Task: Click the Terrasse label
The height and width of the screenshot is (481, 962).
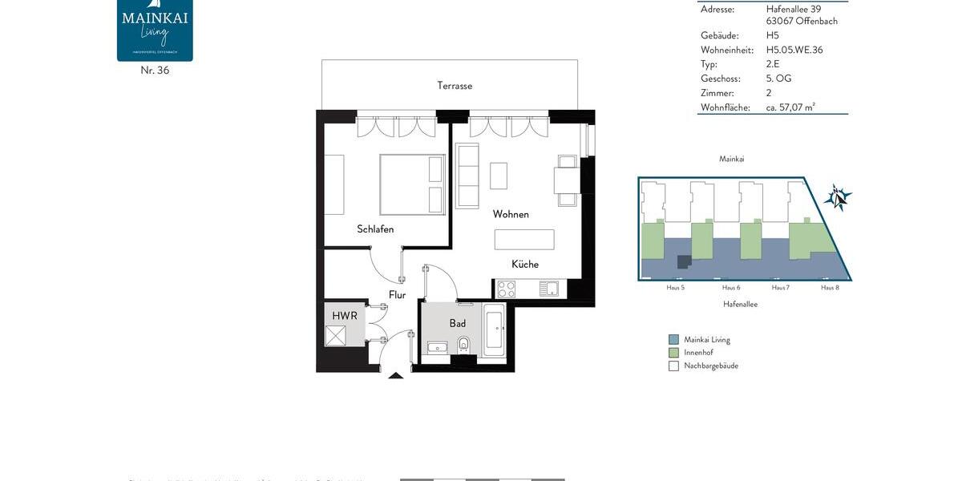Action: coord(455,86)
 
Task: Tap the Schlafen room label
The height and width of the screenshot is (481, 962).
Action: coord(375,229)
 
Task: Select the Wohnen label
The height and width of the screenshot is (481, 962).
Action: coord(511,214)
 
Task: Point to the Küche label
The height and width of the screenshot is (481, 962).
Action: coord(525,265)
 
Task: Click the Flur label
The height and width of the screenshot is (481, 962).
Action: coord(397,295)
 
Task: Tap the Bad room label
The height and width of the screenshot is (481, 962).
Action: coord(457,324)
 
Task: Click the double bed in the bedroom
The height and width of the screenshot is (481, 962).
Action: coord(411,184)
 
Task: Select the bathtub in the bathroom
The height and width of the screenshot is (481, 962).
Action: coord(494,330)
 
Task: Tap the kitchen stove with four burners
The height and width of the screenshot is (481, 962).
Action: coord(507,289)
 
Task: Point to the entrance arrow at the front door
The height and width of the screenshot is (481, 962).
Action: coord(395,374)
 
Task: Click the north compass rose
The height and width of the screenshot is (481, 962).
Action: coord(838,196)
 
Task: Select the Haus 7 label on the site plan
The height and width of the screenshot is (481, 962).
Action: coord(781,287)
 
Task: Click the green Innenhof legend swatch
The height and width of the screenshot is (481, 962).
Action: coord(673,353)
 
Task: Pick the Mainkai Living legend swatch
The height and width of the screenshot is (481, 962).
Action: coord(673,340)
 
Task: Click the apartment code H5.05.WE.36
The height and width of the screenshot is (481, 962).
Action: coord(794,50)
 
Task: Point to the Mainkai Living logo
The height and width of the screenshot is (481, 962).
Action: coord(155,30)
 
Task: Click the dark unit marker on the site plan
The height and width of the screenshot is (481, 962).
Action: coord(684,262)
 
